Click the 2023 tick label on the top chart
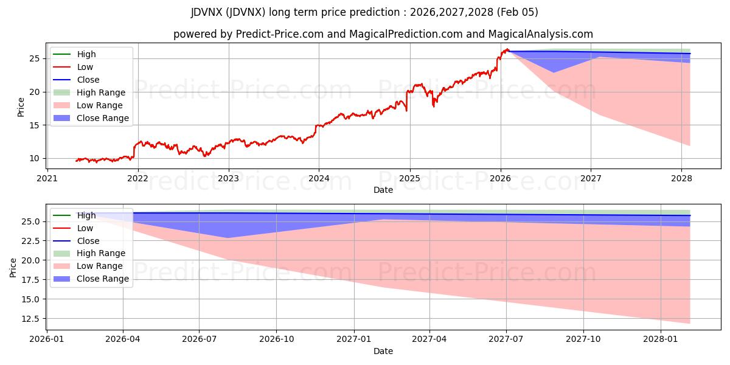tap(229, 178)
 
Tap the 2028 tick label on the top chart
tap(681, 178)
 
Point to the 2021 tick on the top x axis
tap(47, 178)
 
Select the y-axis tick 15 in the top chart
tap(35, 125)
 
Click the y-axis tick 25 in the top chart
tap(35, 59)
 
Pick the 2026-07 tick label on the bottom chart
tap(200, 339)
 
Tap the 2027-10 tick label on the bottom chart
tap(583, 339)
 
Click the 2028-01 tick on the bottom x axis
tap(660, 339)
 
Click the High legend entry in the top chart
tap(86, 54)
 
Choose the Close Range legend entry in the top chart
tap(102, 118)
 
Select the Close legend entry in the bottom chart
tap(88, 241)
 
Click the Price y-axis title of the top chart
tap(21, 108)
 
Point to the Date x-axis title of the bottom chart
tap(383, 351)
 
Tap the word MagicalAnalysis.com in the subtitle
tap(532, 34)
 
